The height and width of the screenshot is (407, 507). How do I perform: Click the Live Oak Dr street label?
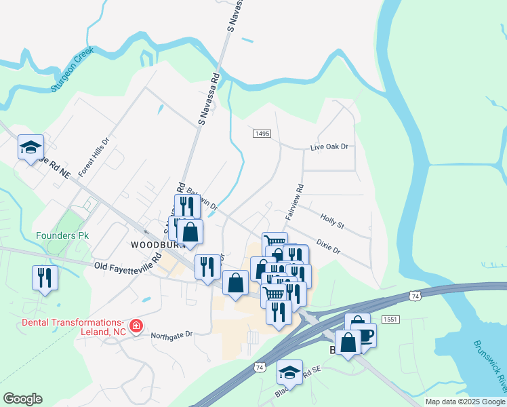pos(329,147)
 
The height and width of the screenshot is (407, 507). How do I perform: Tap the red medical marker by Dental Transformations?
pos(136,326)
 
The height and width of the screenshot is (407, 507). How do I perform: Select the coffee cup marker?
pos(363,334)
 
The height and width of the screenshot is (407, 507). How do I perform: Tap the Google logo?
pos(22,399)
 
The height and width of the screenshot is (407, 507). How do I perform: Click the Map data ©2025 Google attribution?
pos(464,402)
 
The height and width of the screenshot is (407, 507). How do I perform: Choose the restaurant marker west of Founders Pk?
pos(45,278)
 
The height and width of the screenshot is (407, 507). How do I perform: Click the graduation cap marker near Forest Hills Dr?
pos(31,147)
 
